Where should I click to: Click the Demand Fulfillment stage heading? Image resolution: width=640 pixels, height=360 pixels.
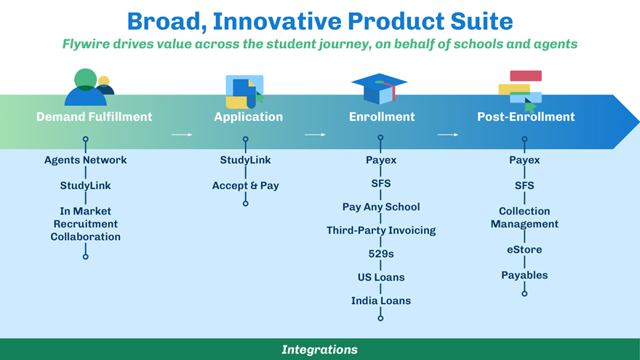[94, 116]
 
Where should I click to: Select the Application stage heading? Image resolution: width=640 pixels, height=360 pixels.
[248, 116]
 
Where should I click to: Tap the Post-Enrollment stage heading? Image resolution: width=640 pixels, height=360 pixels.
[526, 116]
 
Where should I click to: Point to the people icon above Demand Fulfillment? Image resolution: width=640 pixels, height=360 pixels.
[89, 87]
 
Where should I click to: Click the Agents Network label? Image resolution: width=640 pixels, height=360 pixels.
[85, 160]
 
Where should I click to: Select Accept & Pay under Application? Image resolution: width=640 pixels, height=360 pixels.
[245, 185]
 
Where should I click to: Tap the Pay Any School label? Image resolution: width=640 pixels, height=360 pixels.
[381, 207]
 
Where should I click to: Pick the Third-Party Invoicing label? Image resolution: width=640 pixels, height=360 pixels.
[381, 230]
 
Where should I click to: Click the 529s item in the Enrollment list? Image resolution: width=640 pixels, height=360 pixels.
[381, 253]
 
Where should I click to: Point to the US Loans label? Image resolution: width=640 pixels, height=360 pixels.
[381, 277]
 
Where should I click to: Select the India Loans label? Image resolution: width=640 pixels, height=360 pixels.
[381, 300]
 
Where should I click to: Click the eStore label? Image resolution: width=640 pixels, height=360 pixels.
[524, 249]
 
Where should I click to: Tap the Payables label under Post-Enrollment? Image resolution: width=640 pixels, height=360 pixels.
[524, 275]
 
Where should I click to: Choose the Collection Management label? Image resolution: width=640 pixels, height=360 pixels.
[524, 217]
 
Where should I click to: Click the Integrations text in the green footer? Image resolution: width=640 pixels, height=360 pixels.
[320, 350]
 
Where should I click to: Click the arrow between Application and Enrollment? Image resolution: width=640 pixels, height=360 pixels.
[314, 135]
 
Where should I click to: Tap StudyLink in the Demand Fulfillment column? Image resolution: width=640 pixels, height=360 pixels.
[85, 185]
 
